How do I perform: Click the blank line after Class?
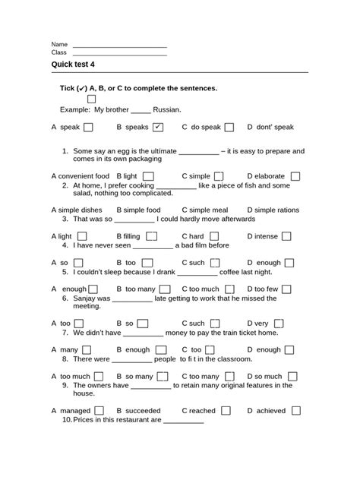point(119,55)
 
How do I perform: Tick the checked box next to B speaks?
point(158,127)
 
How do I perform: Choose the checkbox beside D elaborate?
point(295,176)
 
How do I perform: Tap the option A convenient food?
point(81,176)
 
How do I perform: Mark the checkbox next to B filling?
point(152,236)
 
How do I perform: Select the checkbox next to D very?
point(282,323)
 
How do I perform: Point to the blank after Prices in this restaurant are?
point(183,421)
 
